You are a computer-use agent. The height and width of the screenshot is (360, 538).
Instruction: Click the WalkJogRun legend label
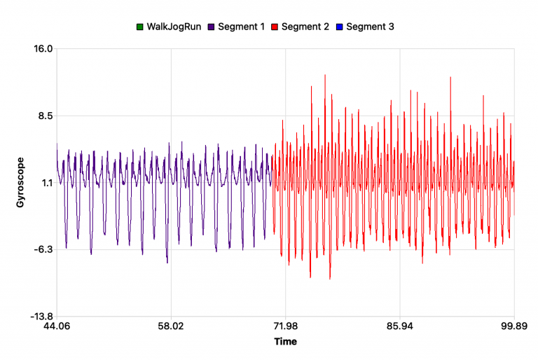coord(172,27)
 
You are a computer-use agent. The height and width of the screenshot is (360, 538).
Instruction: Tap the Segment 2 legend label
coord(305,27)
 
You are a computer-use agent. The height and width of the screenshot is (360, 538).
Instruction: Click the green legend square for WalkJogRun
coord(139,27)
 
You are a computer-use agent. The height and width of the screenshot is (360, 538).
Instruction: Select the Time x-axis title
coord(285,342)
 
